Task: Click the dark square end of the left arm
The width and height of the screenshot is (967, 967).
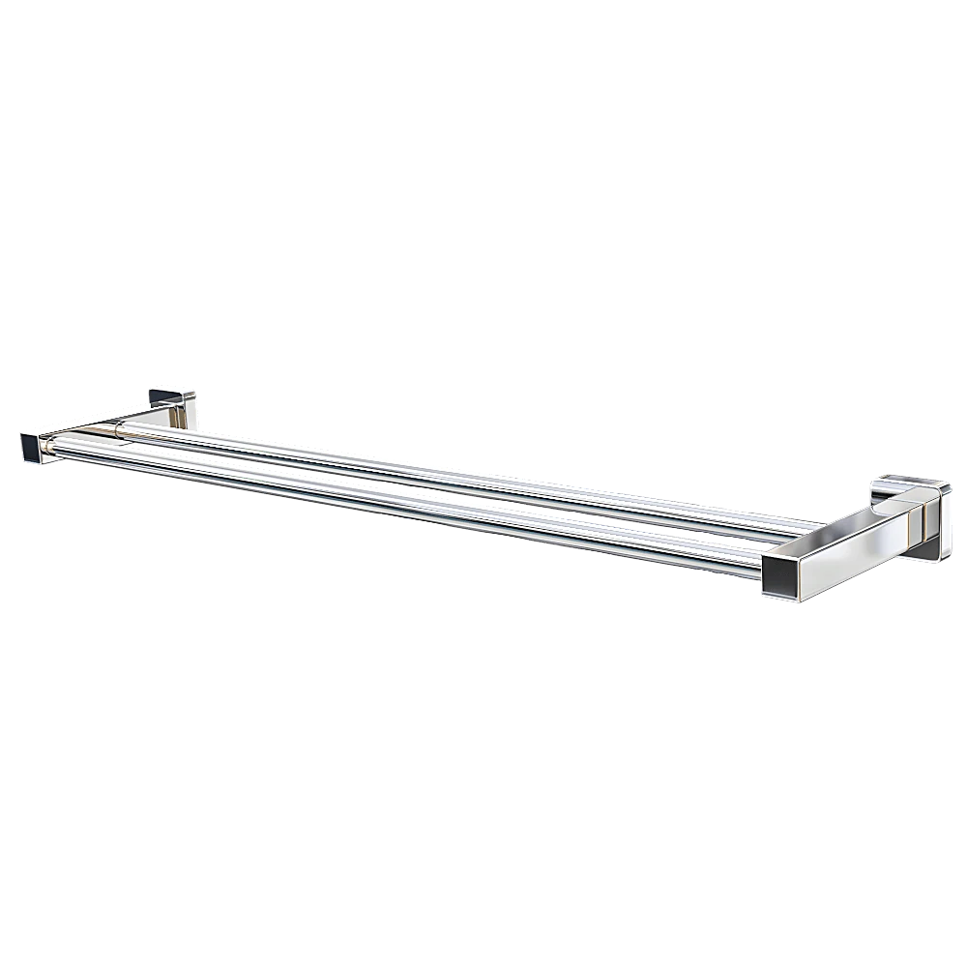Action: [x=32, y=447]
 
